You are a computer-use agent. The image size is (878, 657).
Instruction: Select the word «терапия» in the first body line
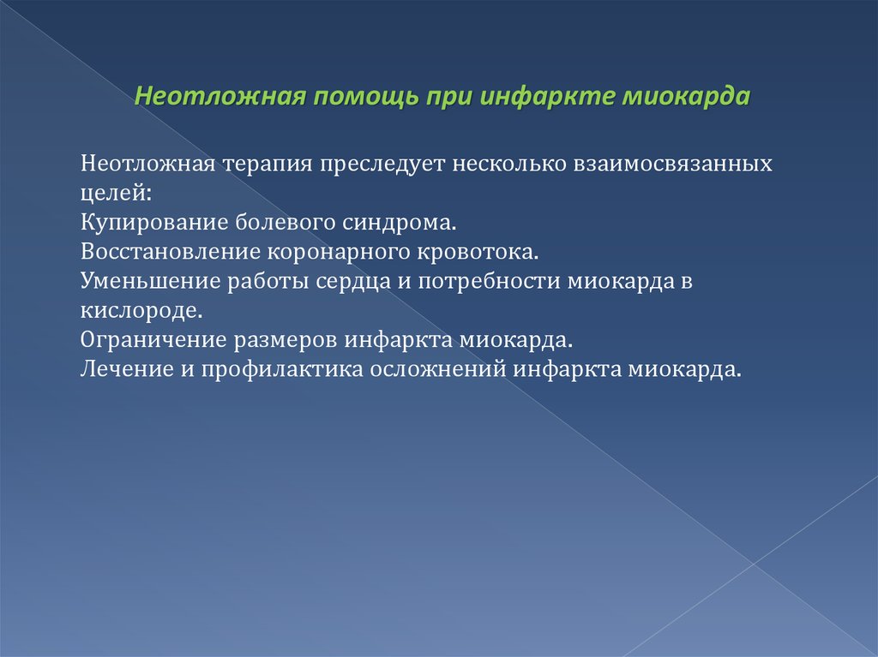click(x=268, y=164)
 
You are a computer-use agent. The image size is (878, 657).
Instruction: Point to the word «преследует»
click(x=382, y=164)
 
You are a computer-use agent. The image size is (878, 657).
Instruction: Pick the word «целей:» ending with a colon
click(x=116, y=194)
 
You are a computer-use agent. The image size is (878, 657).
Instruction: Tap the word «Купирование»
click(x=154, y=223)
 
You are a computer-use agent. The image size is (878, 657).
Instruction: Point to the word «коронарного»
click(x=339, y=253)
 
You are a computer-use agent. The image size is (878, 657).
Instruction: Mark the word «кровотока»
click(x=477, y=251)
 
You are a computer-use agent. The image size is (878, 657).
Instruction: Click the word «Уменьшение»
click(x=150, y=281)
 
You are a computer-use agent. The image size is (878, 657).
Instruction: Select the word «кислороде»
click(x=141, y=310)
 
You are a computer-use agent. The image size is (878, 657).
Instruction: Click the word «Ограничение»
click(x=153, y=340)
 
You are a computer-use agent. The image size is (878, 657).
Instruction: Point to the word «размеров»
click(x=286, y=341)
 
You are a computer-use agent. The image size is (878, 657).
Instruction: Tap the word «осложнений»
click(x=438, y=369)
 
